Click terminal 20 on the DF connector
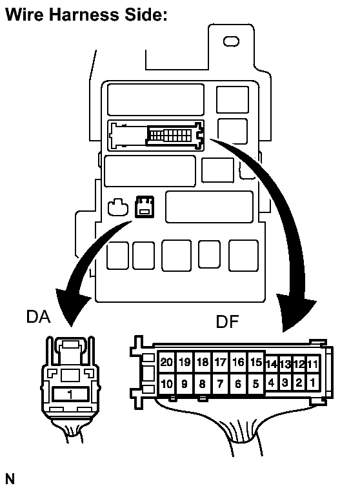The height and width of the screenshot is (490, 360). [166, 362]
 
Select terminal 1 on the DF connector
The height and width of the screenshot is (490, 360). [312, 382]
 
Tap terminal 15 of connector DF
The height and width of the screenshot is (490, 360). [256, 362]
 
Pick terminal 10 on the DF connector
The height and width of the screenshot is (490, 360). [166, 383]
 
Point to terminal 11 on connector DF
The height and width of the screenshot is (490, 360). [312, 364]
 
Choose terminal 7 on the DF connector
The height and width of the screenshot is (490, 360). [220, 383]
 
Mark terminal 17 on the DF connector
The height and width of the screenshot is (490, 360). [220, 362]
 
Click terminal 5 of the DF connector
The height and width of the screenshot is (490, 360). [256, 383]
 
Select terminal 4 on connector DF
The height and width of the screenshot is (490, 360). [272, 382]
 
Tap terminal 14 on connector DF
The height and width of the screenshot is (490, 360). [272, 364]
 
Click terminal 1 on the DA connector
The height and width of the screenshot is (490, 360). [70, 394]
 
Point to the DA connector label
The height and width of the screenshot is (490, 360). [39, 316]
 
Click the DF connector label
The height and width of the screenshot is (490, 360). [227, 322]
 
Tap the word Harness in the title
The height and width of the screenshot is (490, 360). [85, 14]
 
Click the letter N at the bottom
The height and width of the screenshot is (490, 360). [10, 479]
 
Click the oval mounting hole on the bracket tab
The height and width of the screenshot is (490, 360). [231, 41]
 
